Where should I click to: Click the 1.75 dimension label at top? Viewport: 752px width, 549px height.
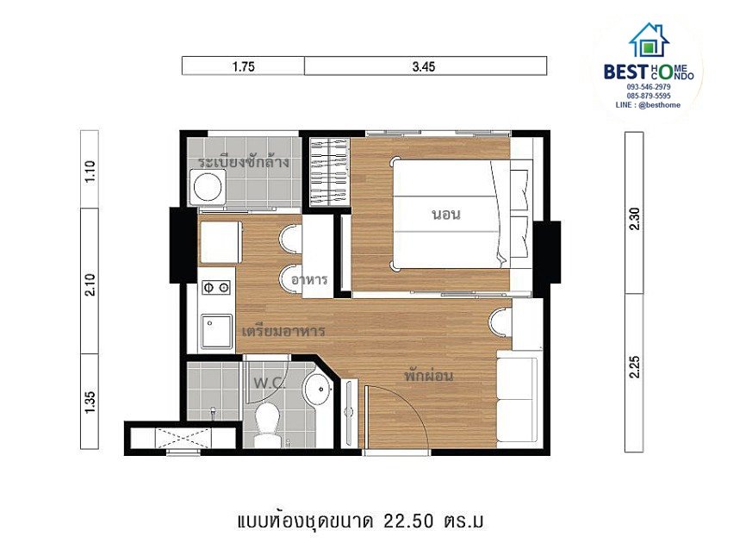243,66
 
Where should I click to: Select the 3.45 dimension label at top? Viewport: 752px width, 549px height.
424,66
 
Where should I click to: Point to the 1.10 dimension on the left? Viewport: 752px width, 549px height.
90,172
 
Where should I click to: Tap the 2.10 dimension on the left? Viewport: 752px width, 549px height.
90,284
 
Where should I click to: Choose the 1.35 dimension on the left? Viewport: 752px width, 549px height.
90,402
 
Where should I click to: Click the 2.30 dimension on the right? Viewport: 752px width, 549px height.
634,218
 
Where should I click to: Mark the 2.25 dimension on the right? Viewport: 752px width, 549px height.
634,367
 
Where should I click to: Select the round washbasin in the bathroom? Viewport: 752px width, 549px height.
317,387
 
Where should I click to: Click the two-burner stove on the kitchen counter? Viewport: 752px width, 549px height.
216,288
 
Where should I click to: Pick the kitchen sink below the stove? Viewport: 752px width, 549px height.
217,331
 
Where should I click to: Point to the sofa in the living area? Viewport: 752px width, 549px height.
518,396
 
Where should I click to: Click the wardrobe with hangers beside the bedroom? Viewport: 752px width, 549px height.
328,171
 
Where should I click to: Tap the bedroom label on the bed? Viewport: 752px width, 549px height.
446,214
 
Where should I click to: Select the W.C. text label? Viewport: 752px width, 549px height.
269,383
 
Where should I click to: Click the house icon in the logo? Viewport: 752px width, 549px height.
649,41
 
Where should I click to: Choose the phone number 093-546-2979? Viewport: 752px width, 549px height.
649,87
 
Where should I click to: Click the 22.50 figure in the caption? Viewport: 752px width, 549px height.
408,521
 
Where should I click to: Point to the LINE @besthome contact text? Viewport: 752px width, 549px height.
648,105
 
